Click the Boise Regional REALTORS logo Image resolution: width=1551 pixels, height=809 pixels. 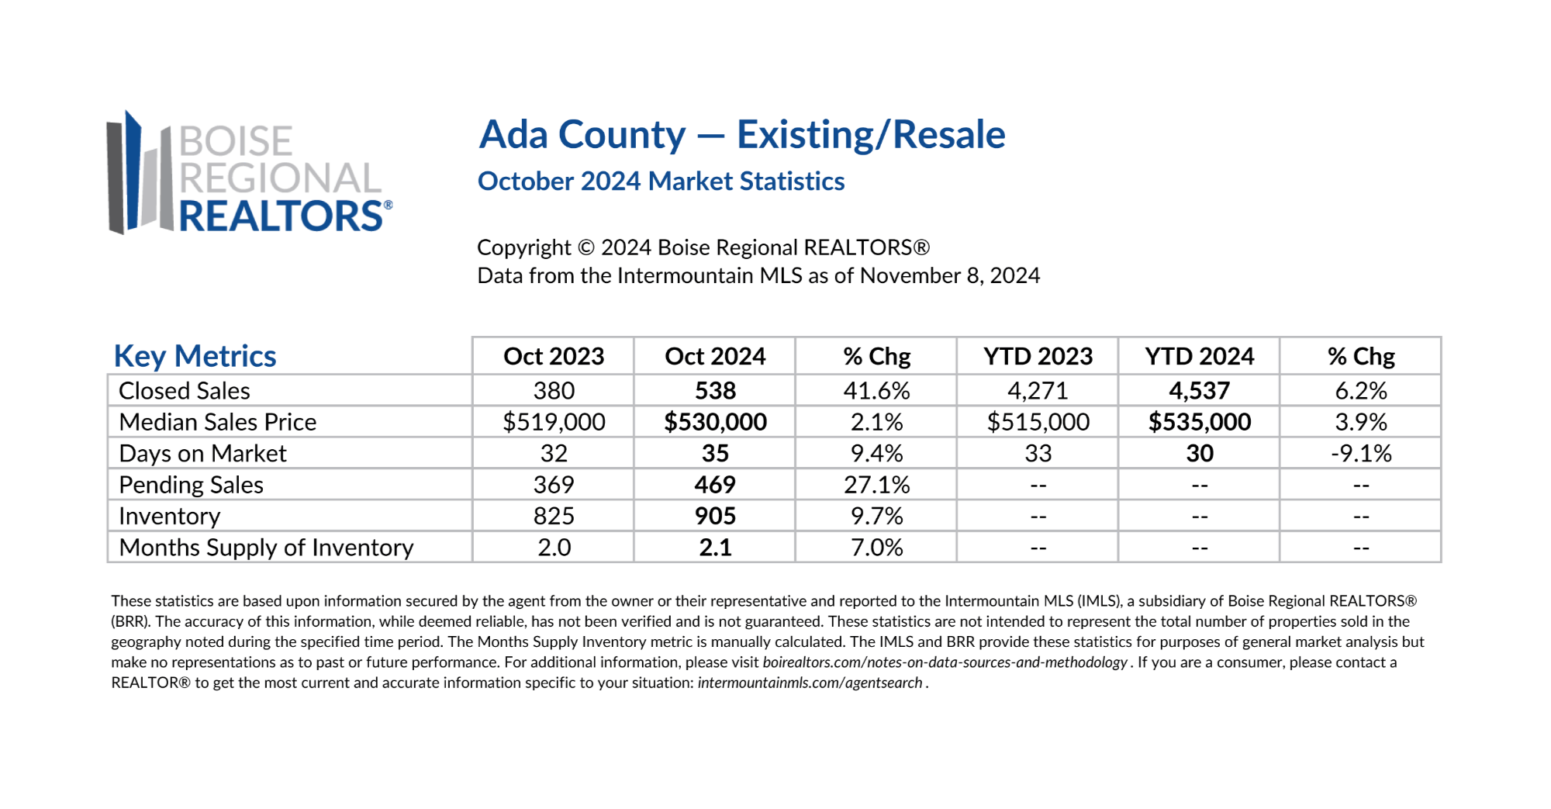pos(250,173)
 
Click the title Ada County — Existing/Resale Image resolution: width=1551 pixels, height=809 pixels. pos(742,135)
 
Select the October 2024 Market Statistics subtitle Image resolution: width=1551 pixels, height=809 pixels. pos(661,182)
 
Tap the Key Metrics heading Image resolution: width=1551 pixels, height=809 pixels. pos(195,356)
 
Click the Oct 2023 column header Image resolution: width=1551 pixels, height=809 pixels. pos(554,356)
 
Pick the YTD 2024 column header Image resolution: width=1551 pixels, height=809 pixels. pos(1200,356)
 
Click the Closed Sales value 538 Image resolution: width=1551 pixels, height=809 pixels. pos(715,390)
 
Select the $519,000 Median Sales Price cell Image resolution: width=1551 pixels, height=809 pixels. pos(554,422)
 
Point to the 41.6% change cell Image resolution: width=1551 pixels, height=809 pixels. pos(877,390)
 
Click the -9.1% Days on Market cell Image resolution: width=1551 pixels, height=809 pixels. pos(1361,453)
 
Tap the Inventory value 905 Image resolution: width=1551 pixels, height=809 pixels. pos(715,516)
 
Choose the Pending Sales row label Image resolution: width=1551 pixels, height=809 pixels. pos(191,485)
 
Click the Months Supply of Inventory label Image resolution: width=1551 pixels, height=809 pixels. pos(266,548)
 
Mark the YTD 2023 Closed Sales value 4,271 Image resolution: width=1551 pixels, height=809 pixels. pos(1038,390)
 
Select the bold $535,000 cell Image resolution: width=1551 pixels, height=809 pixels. pos(1200,422)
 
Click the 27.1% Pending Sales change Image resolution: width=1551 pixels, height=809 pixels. pos(877,485)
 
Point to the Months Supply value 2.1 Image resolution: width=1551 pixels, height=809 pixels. pos(715,548)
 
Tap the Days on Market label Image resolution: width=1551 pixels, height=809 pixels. pos(202,454)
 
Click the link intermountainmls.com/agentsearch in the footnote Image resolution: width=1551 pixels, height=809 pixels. pos(810,683)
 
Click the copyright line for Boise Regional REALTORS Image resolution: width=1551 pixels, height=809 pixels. pos(703,247)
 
